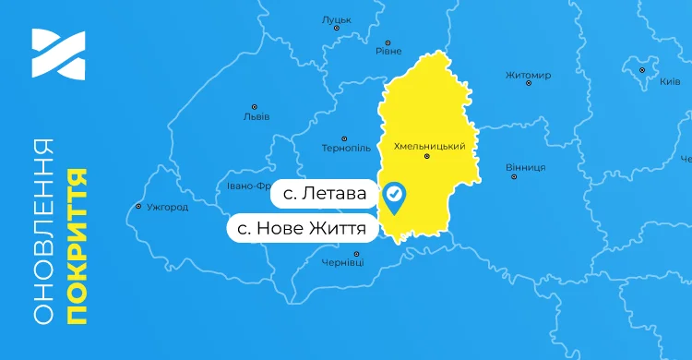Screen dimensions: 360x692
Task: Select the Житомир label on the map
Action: coord(529,75)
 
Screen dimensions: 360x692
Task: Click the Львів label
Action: coord(256,116)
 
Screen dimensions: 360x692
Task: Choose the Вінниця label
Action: coord(526,167)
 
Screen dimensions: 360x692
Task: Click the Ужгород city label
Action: coord(167,207)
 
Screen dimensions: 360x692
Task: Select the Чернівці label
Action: coord(343,263)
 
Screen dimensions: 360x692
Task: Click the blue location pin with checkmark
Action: coord(395,197)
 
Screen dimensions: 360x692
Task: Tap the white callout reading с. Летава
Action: coord(323,195)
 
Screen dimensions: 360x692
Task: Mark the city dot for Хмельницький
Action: coord(426,157)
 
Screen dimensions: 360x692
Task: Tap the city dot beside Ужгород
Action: coord(138,207)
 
